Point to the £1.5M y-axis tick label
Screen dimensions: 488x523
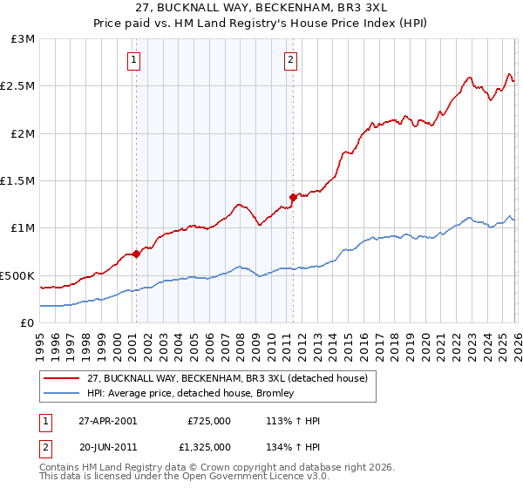click(x=18, y=180)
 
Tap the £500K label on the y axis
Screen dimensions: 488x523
click(x=18, y=275)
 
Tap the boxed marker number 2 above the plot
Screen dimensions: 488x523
click(x=290, y=60)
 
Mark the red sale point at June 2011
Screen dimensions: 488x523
click(x=293, y=198)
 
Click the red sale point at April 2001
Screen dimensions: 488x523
click(x=136, y=254)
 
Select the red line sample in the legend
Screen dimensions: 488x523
click(x=63, y=378)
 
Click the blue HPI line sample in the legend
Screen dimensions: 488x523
click(x=63, y=393)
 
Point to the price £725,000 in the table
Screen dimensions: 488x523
click(x=208, y=420)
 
